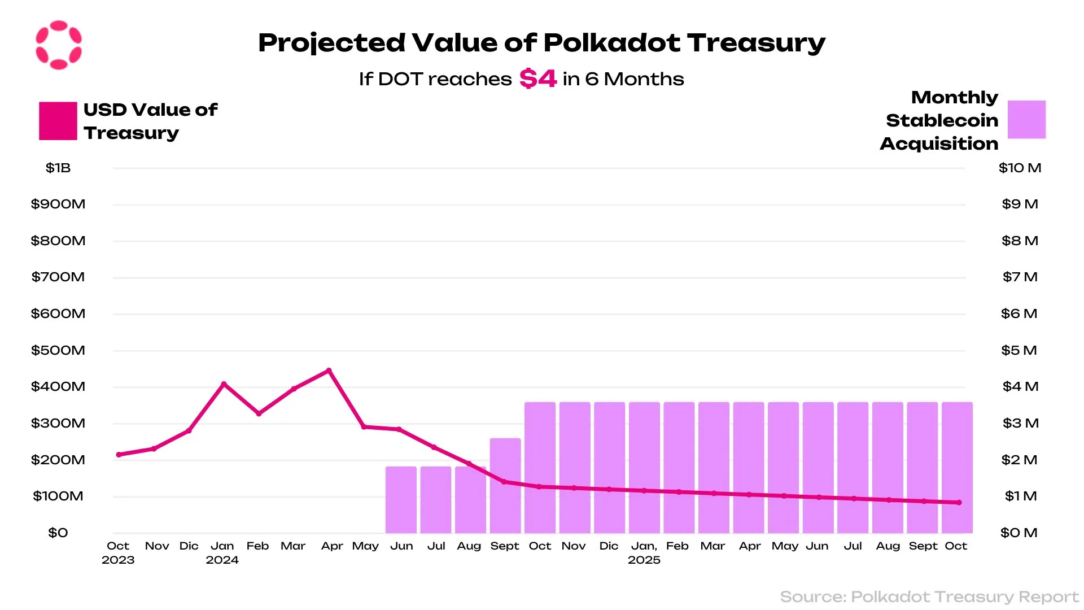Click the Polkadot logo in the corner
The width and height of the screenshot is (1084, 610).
tap(59, 45)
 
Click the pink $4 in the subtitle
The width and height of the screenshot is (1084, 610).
tap(537, 79)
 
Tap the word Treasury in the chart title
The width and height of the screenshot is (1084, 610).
tap(756, 43)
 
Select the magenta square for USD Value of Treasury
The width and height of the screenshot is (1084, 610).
tap(58, 121)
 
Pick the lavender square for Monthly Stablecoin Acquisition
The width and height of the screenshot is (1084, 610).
tap(1026, 119)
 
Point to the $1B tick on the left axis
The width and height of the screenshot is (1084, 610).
tap(58, 168)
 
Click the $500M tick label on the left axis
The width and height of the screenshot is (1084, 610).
tap(58, 350)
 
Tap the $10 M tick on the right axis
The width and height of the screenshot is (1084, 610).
tap(1020, 168)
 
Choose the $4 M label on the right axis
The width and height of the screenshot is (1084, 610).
tap(1020, 386)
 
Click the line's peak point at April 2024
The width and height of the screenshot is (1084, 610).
tap(329, 371)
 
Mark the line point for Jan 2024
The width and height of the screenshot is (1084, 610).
tap(224, 384)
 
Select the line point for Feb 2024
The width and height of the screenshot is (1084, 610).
tap(259, 414)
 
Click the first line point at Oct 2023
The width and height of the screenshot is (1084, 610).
tap(119, 455)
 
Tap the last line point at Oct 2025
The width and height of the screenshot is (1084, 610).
tap(959, 502)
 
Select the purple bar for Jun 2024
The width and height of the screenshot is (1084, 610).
tap(401, 499)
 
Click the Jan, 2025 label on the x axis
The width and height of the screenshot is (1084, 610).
tap(644, 552)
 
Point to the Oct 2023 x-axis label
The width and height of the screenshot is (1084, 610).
tap(118, 552)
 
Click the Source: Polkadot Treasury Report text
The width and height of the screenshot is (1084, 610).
tap(929, 596)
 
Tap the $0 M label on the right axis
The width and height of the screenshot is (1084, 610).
tap(1019, 533)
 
